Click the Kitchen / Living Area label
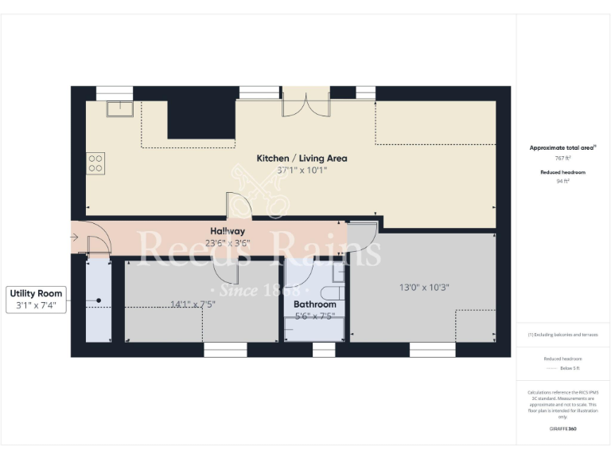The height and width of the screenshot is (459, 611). pos(301,158)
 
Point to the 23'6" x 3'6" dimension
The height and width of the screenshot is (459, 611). pos(228,243)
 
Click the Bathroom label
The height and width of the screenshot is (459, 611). pos(314,304)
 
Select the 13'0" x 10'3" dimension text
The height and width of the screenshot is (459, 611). pos(422,287)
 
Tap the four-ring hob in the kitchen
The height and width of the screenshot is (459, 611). pos(95,163)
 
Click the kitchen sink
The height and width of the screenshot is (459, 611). pos(120,108)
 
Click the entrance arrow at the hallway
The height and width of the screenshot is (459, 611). pos(75,237)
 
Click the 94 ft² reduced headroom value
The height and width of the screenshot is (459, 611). pos(562,181)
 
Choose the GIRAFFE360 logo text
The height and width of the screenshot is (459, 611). pos(562,429)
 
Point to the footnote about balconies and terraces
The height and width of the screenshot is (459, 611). pos(562,334)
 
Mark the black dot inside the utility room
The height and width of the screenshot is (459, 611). pos(99,300)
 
